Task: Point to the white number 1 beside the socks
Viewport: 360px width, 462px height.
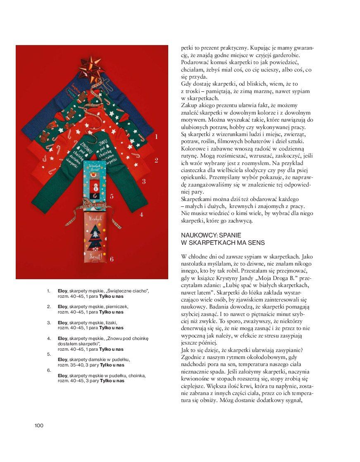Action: [x=156, y=136]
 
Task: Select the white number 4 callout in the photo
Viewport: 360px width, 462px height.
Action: [x=141, y=215]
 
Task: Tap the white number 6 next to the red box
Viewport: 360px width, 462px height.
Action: [x=112, y=259]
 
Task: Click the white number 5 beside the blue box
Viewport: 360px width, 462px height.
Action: [x=112, y=196]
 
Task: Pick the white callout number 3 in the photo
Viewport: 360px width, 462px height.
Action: [x=143, y=181]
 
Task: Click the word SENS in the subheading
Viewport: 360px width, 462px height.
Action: [x=256, y=242]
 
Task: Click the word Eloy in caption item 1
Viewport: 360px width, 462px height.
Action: [x=62, y=291]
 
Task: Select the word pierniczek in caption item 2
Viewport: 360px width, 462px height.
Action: [x=117, y=306]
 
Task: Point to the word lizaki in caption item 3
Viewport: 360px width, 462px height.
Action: [x=111, y=322]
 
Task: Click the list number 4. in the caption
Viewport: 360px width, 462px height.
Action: [x=49, y=338]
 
